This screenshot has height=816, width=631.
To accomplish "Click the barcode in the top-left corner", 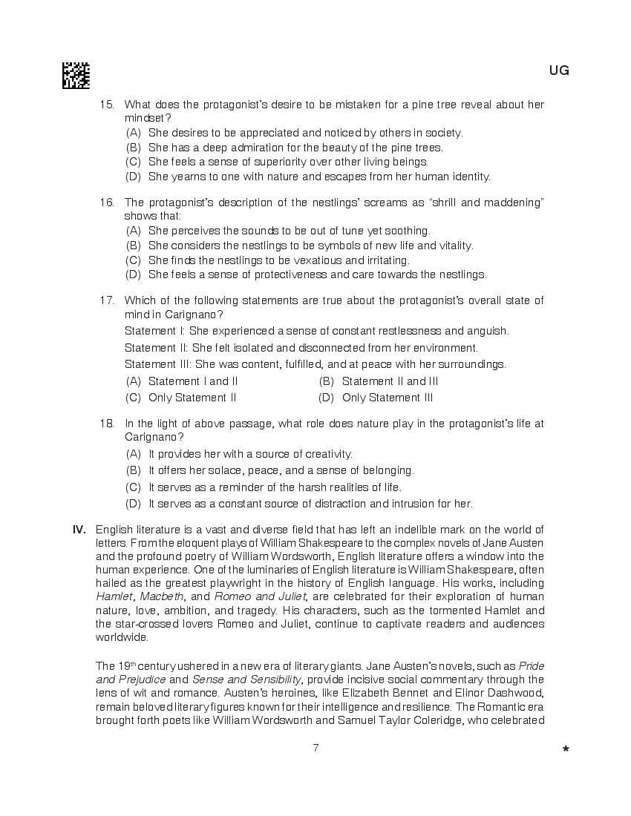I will point(76,76).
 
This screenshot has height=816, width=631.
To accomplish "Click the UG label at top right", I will point(559,71).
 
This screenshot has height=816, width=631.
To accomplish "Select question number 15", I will point(107,105).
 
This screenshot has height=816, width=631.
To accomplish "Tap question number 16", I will point(107,203).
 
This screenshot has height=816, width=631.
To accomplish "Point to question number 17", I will point(107,300).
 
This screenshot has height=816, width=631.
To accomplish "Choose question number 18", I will point(107,424).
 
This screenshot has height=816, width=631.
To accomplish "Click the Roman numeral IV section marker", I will point(79,530).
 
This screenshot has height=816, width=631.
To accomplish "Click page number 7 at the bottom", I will point(315,748).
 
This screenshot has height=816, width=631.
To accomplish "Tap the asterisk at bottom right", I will point(566,751).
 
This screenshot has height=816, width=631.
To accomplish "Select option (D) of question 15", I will point(134,177).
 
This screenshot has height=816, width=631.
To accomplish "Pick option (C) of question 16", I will point(134,260).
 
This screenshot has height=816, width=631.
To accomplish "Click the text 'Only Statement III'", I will point(388,398).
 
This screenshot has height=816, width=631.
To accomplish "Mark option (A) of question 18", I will point(134,454).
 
